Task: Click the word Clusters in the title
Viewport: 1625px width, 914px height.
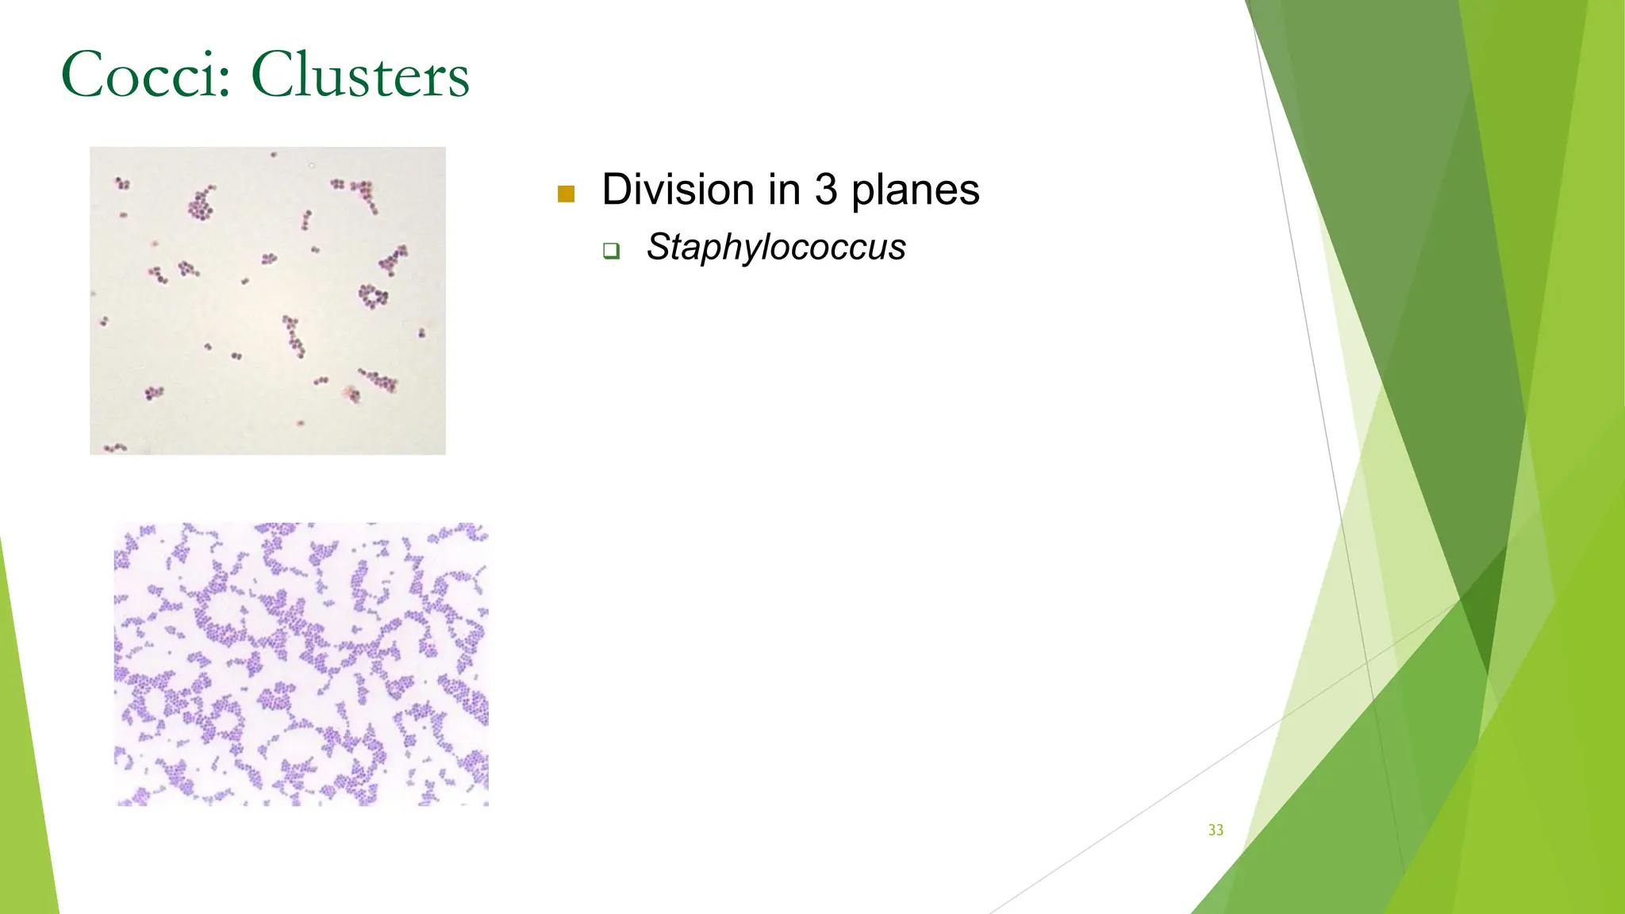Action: point(360,75)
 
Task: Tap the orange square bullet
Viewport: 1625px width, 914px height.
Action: point(566,194)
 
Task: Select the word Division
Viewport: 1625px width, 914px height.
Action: point(678,190)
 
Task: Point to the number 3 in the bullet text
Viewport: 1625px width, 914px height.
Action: point(825,190)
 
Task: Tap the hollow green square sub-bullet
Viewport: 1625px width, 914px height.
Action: point(610,251)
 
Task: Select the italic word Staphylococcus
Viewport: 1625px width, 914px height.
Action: point(775,247)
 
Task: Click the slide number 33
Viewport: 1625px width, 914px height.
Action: point(1216,830)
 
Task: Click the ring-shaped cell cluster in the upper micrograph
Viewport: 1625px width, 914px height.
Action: point(372,296)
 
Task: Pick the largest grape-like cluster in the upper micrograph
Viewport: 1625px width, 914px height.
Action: point(201,205)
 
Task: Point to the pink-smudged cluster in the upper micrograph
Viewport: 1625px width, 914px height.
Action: point(352,393)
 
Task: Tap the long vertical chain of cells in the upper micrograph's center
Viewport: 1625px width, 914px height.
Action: point(294,336)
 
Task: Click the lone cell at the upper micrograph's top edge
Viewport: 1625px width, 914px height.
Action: point(274,155)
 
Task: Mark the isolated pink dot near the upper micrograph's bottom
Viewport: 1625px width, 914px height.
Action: point(301,423)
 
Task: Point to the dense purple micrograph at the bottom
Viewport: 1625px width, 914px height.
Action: point(302,664)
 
